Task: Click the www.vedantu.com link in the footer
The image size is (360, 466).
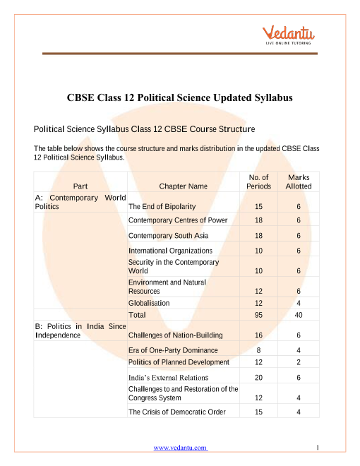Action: click(180, 448)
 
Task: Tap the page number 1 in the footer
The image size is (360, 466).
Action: click(318, 448)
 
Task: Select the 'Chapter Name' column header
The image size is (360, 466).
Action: click(183, 186)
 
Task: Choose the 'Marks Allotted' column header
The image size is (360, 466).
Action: click(299, 182)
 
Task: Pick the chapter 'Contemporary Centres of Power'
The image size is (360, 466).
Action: click(178, 220)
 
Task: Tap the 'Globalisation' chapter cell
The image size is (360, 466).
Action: click(149, 303)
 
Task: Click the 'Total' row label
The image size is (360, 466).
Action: click(137, 314)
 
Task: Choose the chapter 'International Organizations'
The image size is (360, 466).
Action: click(170, 251)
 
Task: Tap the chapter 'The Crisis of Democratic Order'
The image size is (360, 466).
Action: click(177, 412)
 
